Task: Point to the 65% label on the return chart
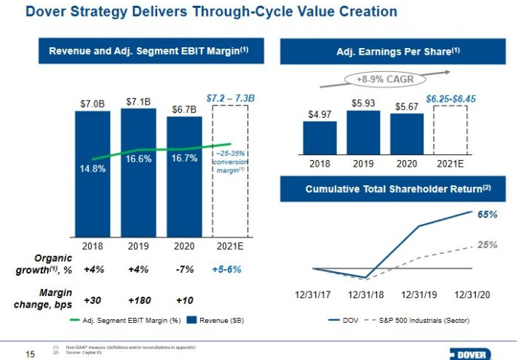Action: (x=488, y=215)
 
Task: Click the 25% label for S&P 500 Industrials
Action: (x=488, y=245)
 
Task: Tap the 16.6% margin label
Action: (x=138, y=159)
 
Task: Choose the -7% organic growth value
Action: (x=185, y=269)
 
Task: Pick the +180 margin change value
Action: (x=138, y=300)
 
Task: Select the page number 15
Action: (x=30, y=354)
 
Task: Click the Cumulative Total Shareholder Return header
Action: (x=399, y=189)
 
